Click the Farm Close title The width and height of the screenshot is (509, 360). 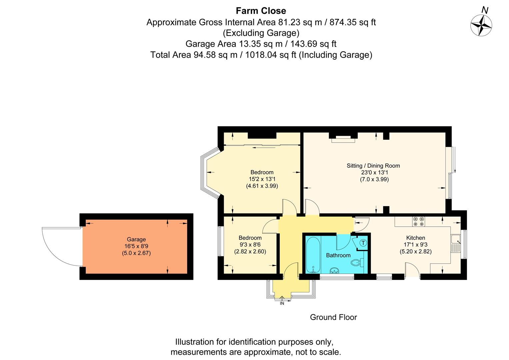(261, 11)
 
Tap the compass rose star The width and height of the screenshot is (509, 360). (481, 25)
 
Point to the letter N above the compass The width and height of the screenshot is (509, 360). (485, 10)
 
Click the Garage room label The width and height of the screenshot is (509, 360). (136, 239)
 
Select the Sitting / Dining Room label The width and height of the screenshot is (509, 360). (373, 166)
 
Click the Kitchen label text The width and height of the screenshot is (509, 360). (416, 238)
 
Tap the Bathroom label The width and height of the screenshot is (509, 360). (338, 255)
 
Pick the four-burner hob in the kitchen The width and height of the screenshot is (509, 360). (419, 221)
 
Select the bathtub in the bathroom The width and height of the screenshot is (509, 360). (313, 255)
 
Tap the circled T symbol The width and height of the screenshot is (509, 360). (363, 243)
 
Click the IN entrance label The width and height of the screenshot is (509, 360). (282, 303)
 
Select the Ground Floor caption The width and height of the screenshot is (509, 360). (333, 317)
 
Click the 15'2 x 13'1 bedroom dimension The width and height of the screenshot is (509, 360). (262, 179)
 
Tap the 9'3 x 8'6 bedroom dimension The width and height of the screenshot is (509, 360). (250, 245)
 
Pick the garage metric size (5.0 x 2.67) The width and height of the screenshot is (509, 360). (136, 253)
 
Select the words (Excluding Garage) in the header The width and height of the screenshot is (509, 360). (261, 33)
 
